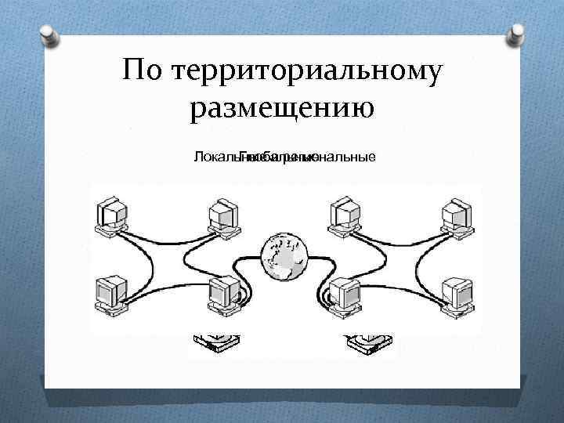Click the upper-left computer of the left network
tap(113, 216)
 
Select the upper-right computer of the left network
tap(222, 216)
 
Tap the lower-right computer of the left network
tap(224, 296)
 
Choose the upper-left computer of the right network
tap(345, 216)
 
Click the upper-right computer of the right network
tap(456, 216)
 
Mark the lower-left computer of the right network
tap(345, 296)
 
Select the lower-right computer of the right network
tap(456, 294)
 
